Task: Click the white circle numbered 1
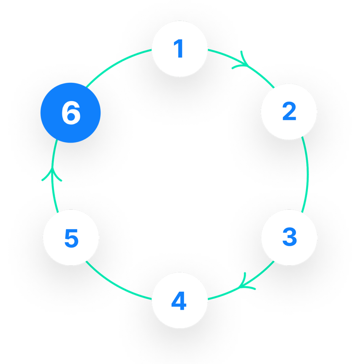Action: tap(180, 49)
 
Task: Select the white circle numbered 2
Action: tap(289, 112)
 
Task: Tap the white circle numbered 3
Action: tap(289, 237)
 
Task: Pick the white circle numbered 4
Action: tap(180, 301)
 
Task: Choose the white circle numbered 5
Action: tap(71, 237)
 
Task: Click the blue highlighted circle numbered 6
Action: tap(71, 113)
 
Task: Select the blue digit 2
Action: tap(289, 112)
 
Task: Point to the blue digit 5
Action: tap(71, 238)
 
